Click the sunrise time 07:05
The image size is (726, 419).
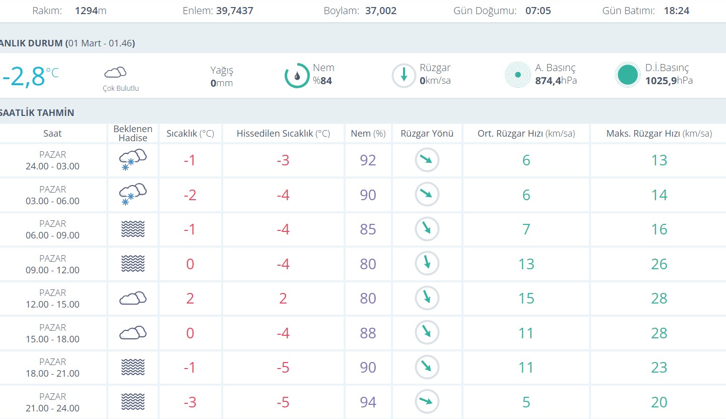538,11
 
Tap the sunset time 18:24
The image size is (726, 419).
677,11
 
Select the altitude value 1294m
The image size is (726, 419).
91,11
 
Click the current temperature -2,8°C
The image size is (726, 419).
30,76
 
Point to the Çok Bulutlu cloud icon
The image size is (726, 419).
115,73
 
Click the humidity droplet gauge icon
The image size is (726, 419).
297,76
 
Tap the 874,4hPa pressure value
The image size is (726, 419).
556,81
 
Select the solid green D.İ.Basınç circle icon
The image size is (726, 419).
627,75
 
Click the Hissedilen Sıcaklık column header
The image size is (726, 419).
283,134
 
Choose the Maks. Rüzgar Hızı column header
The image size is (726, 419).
659,134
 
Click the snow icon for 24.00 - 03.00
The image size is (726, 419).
133,160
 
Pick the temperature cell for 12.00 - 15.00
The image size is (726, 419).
190,298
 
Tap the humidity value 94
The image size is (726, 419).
368,402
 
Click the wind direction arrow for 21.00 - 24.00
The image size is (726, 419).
427,402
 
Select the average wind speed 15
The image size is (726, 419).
526,298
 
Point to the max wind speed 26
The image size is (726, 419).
659,264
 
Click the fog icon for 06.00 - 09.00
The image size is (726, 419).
133,229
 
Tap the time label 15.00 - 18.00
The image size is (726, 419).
52,339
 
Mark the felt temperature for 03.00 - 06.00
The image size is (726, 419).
283,195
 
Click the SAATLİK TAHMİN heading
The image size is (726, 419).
37,112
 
